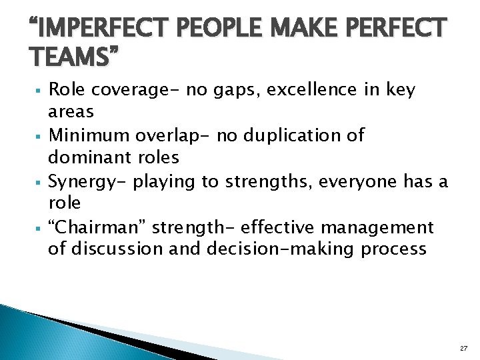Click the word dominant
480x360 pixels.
coord(91,158)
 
